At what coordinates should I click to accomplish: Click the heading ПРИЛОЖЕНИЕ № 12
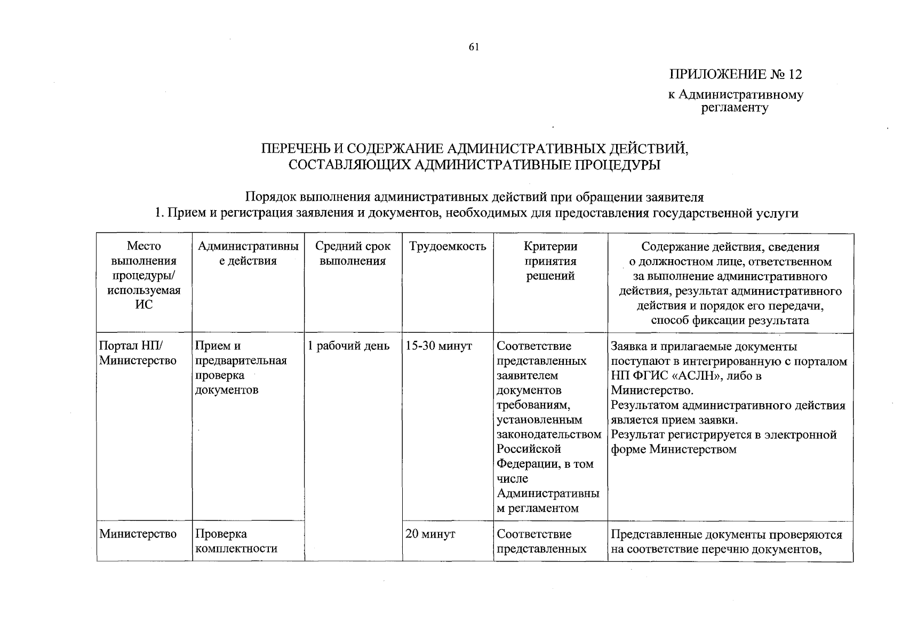(x=736, y=74)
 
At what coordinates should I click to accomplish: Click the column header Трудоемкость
(x=448, y=246)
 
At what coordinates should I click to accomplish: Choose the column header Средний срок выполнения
(x=353, y=254)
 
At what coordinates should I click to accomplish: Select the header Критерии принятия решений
(x=550, y=261)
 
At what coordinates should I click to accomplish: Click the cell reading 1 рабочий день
(x=348, y=346)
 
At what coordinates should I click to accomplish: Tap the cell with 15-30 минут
(x=438, y=346)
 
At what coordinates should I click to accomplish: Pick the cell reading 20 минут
(x=430, y=534)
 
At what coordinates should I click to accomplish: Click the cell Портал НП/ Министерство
(x=138, y=354)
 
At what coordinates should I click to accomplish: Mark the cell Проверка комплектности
(x=236, y=541)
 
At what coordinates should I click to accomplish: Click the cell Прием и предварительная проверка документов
(x=241, y=368)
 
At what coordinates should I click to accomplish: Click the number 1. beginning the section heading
(x=159, y=213)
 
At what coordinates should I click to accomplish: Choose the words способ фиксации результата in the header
(x=730, y=320)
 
